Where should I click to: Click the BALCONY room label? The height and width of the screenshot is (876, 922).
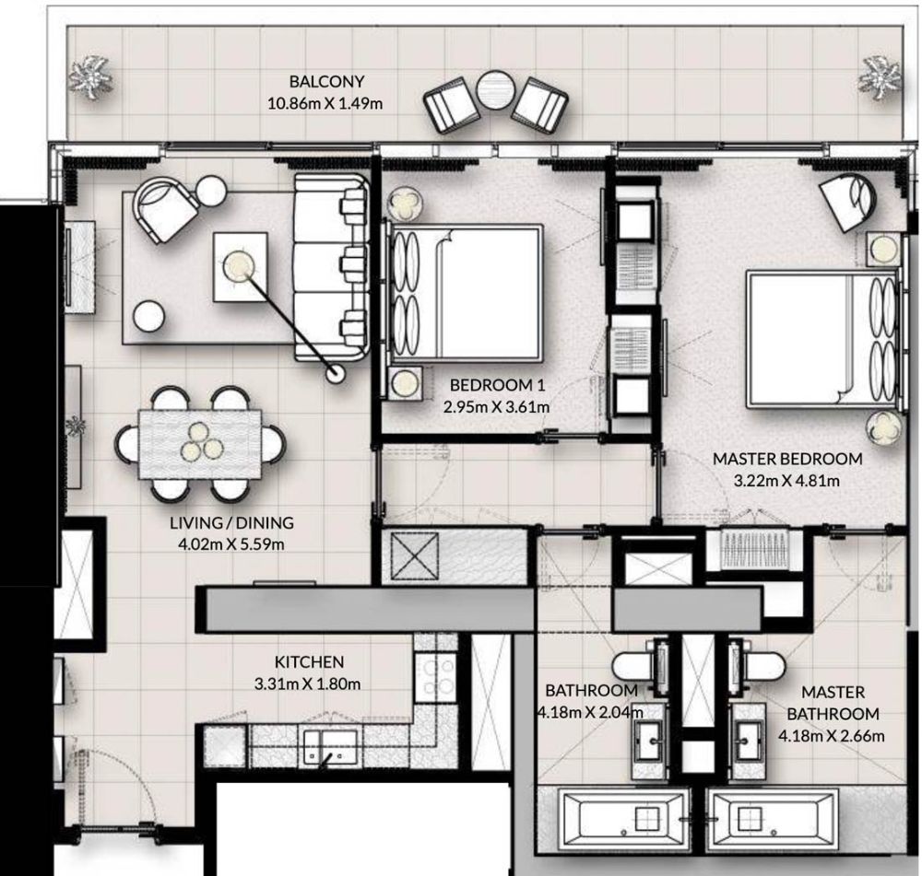point(327,81)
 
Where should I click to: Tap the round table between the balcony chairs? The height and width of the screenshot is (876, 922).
point(496,90)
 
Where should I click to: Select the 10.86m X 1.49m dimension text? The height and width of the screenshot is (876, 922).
point(325,104)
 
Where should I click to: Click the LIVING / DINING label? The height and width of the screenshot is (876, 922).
point(231,522)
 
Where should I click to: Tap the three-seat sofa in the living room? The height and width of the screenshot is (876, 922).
point(332,267)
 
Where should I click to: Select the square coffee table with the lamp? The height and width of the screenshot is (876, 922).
point(241,267)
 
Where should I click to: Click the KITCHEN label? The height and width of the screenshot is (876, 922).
point(309,662)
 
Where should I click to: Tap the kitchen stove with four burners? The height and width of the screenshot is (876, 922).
point(435,677)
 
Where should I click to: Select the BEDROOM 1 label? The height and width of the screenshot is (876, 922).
point(498,385)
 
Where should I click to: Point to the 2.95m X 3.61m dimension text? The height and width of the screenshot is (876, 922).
point(497,406)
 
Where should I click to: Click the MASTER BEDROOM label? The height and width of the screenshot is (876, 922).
point(787,459)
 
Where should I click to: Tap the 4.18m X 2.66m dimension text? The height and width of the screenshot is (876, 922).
point(832,736)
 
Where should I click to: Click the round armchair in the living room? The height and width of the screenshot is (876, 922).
point(166,207)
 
